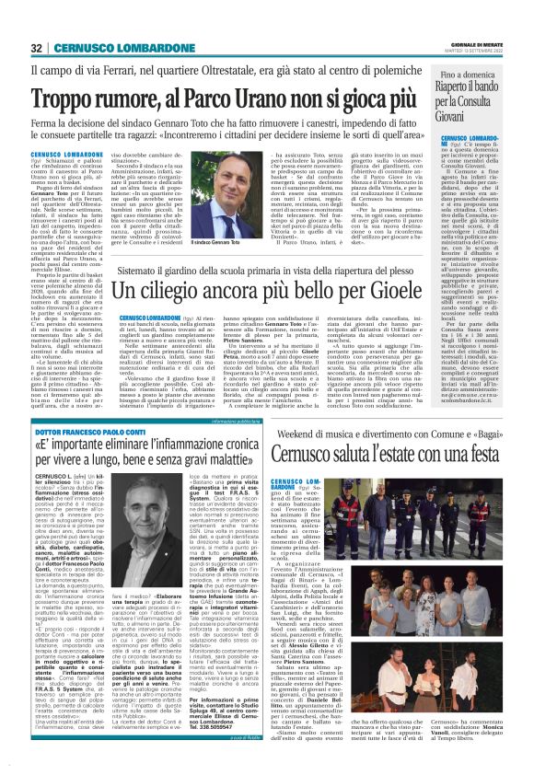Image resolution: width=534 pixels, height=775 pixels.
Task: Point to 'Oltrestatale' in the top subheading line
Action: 283,68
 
